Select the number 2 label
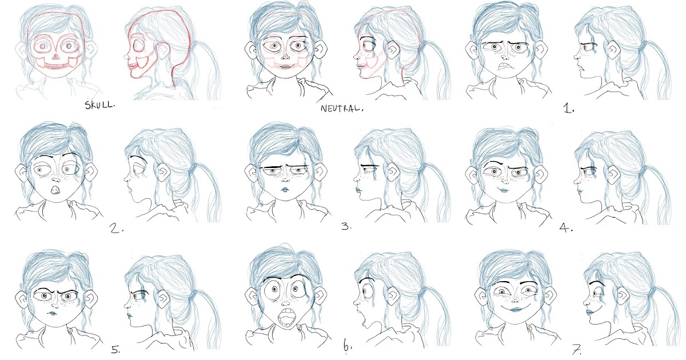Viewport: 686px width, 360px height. (x=117, y=229)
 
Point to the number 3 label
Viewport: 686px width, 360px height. (x=345, y=227)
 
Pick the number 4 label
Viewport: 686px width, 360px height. (x=566, y=228)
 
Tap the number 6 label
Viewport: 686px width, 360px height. (x=348, y=346)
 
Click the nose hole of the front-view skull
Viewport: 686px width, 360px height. (x=53, y=56)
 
